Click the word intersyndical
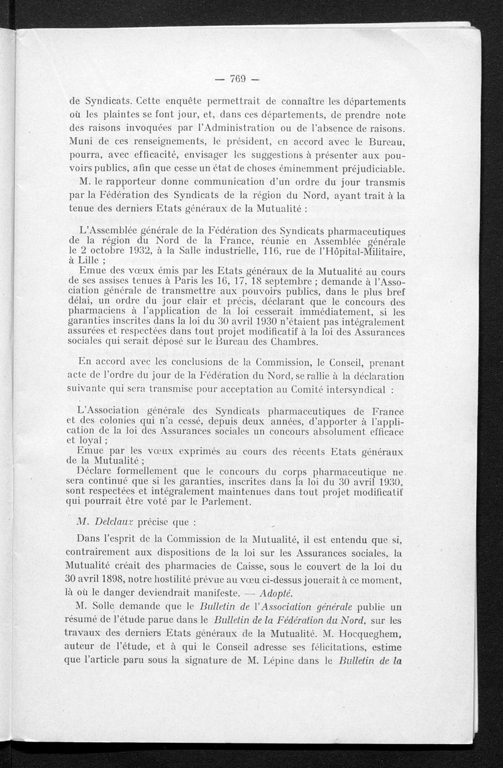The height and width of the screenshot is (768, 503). click(351, 389)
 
